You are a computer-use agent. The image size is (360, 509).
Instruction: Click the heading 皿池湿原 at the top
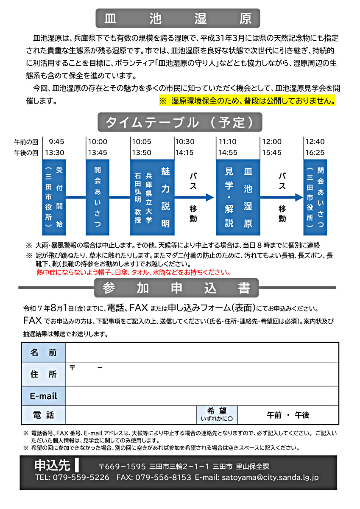[177, 18]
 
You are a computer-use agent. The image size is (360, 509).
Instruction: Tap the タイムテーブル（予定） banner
[180, 123]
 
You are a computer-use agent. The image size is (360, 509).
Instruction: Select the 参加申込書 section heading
[176, 288]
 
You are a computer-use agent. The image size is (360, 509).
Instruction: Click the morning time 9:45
[56, 142]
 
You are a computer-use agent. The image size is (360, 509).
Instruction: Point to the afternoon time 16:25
[314, 152]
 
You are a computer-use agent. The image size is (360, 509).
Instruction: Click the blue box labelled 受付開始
[54, 197]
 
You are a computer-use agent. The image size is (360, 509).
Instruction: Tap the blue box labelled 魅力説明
[152, 197]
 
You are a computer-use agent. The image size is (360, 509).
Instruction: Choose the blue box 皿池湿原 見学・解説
[238, 197]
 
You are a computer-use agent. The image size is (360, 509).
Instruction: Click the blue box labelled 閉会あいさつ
[315, 197]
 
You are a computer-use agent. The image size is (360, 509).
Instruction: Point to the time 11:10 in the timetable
[227, 142]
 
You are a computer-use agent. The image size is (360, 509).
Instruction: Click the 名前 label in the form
[44, 352]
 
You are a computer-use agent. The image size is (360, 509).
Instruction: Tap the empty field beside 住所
[202, 374]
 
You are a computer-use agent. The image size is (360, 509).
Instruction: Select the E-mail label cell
[44, 396]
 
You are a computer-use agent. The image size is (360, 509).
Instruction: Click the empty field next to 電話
[131, 415]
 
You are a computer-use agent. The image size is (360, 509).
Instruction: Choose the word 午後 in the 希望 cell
[302, 415]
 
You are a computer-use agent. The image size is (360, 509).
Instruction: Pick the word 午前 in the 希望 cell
[274, 415]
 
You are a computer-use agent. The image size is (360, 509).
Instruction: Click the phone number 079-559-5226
[81, 478]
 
